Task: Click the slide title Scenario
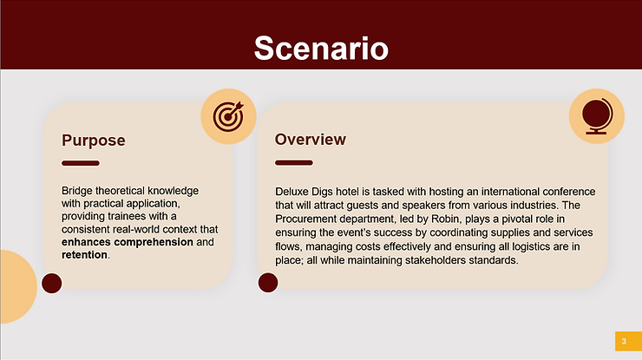(320, 48)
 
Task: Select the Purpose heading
(94, 141)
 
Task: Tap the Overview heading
(310, 140)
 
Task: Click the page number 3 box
(623, 341)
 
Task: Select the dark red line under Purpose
(81, 163)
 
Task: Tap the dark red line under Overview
(293, 162)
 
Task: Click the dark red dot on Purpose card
(52, 282)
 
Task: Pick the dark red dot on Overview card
(267, 282)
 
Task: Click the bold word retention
(84, 255)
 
